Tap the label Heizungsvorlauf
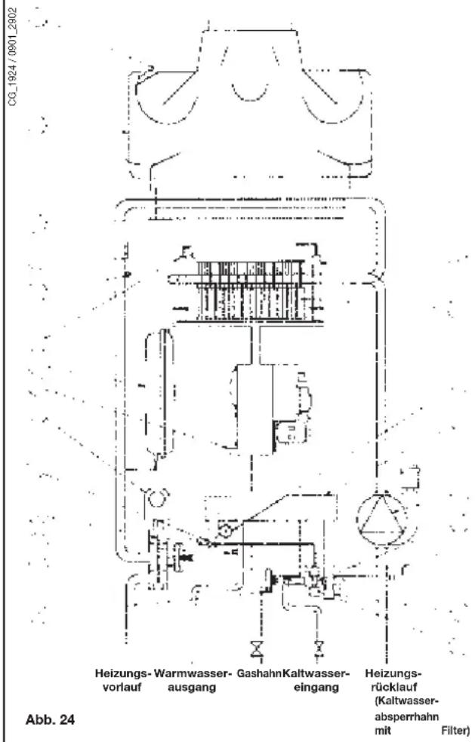[123, 680]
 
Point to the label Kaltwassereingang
[316, 680]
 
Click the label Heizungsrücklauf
[393, 680]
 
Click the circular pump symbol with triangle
[381, 521]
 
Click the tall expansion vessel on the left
[160, 393]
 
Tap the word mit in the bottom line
[383, 731]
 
